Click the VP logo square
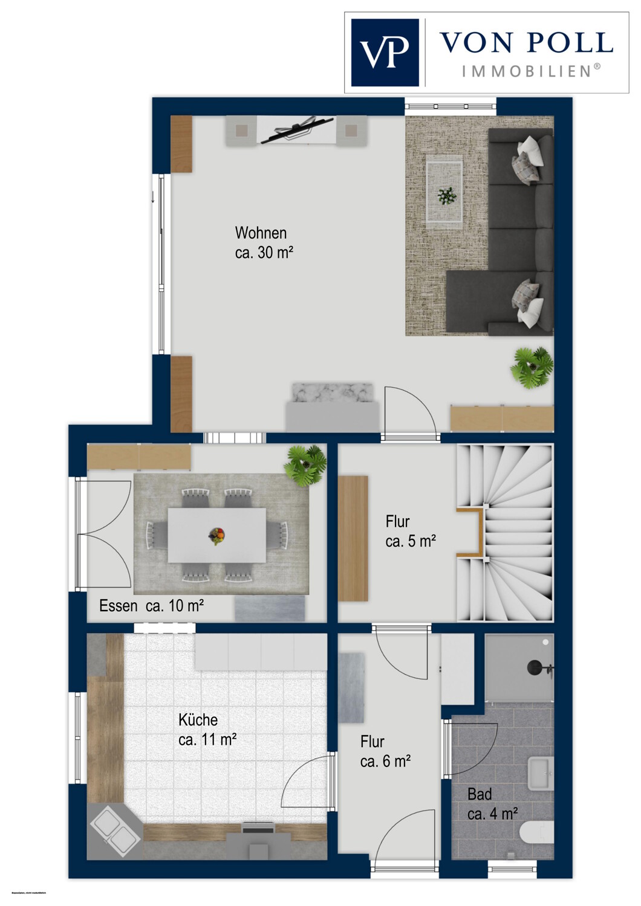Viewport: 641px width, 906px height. click(385, 53)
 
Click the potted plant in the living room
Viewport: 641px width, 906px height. click(532, 366)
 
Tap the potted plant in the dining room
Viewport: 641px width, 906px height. click(306, 464)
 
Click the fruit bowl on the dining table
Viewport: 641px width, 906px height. click(216, 535)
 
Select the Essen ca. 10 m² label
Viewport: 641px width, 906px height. click(151, 605)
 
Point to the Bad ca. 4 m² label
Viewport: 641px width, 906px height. click(492, 804)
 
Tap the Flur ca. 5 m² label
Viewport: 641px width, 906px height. click(411, 531)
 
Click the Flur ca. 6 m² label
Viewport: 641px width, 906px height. click(385, 751)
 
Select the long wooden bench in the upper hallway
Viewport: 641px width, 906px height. click(353, 538)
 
